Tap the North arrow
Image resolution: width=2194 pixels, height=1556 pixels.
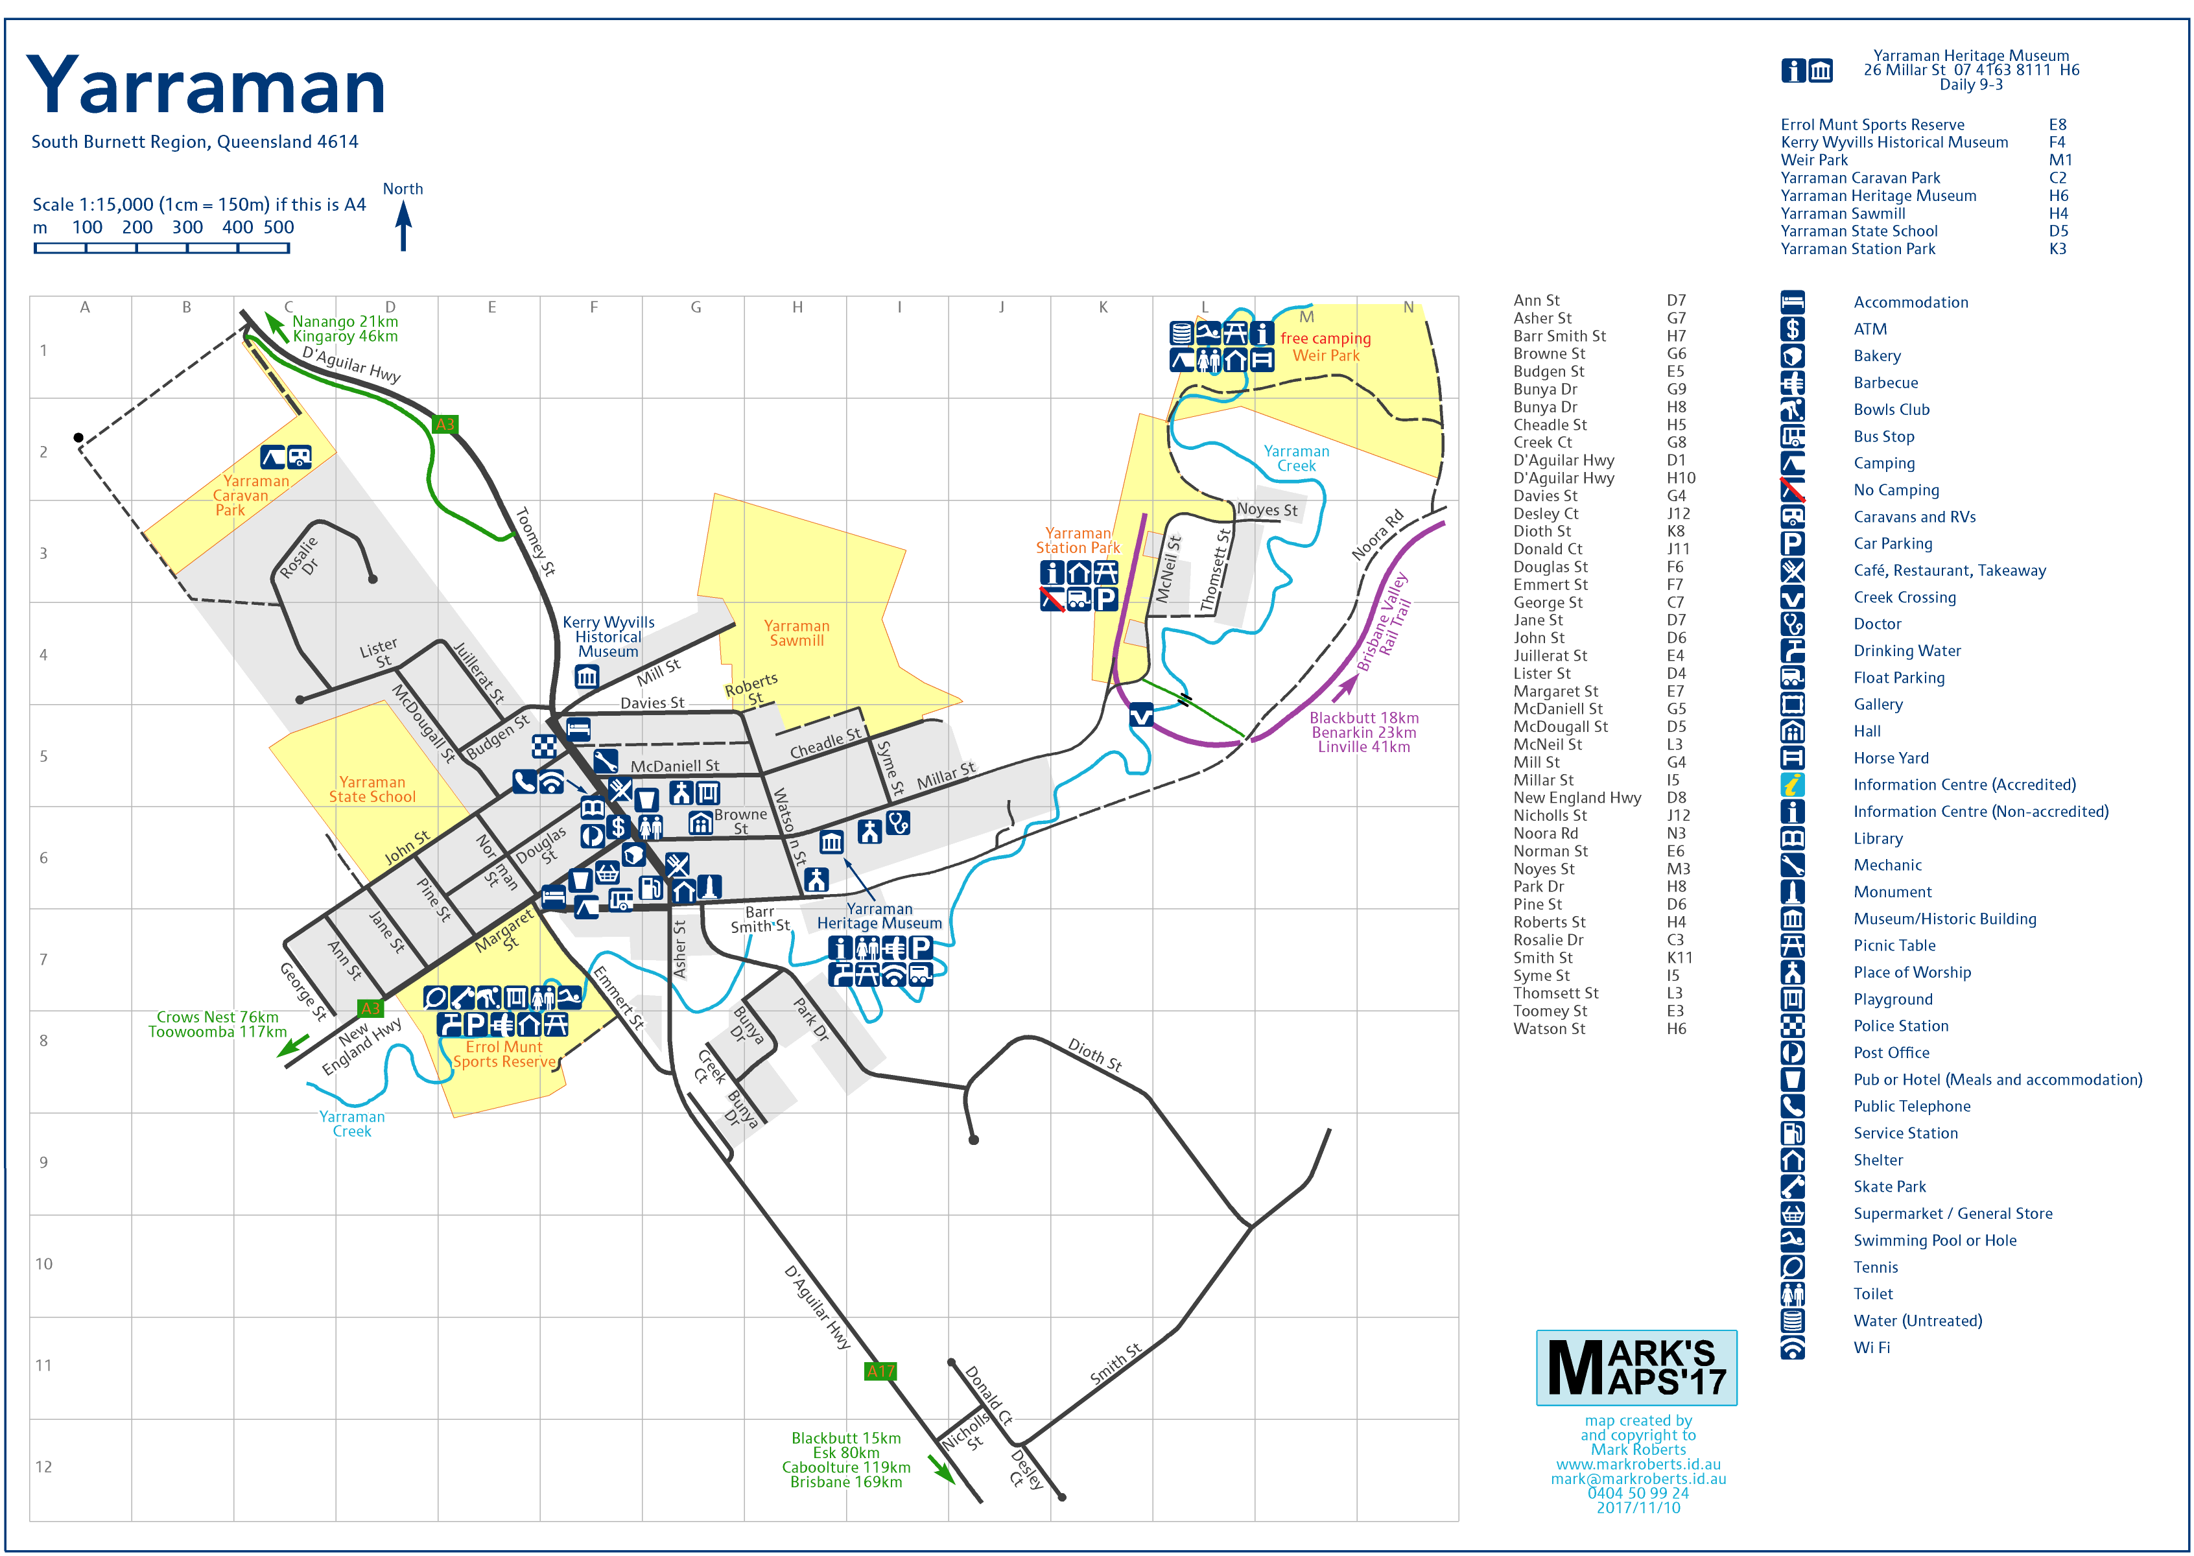tap(403, 227)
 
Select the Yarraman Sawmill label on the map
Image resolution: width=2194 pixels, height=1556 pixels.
tap(796, 633)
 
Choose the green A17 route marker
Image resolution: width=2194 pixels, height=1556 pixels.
tap(880, 1371)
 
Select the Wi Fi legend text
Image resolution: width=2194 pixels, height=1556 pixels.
tap(1871, 1347)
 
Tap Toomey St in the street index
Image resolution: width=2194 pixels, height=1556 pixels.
tap(1549, 1011)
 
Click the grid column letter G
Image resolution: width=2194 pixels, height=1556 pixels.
tap(696, 307)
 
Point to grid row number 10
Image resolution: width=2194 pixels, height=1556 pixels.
tap(44, 1264)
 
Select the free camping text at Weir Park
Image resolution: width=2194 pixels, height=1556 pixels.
tap(1325, 338)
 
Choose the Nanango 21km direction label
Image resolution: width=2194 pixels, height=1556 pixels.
tap(345, 322)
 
